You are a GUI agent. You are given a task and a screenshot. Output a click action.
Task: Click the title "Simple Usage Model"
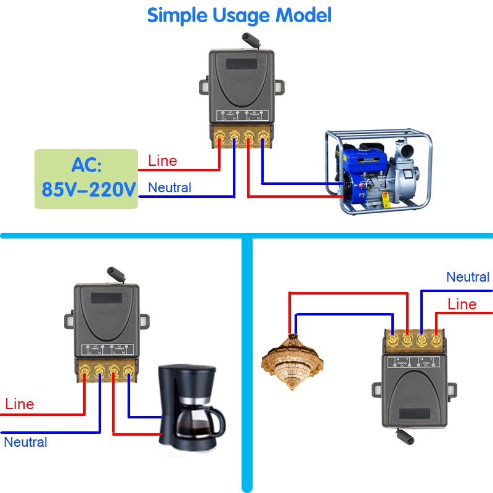239,15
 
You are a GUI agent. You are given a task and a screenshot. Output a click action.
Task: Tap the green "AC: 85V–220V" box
86,178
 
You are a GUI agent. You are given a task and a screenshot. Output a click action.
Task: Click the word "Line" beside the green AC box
163,161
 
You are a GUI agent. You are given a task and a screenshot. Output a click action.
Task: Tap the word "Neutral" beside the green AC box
170,187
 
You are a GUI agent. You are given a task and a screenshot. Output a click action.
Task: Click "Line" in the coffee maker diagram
20,404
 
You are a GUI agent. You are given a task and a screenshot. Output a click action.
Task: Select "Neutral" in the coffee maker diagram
25,442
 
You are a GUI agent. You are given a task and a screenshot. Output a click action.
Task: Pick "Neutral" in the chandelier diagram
468,277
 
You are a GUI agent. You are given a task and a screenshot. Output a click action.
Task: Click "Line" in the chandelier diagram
462,304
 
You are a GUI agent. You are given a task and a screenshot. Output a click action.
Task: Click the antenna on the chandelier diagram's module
407,435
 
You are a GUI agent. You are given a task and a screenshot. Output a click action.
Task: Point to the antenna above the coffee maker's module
115,272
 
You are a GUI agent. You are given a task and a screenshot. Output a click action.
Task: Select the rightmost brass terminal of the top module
263,135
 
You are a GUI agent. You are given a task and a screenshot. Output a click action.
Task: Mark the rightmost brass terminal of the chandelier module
436,338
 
